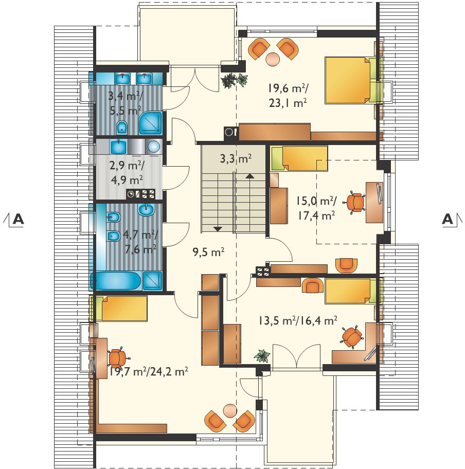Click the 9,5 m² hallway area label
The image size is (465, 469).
click(208, 252)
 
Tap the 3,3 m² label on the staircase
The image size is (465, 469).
click(236, 158)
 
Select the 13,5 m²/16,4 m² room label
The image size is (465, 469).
click(298, 321)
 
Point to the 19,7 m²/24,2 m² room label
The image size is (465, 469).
click(149, 372)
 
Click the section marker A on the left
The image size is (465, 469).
click(18, 219)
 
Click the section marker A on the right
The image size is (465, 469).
click(448, 219)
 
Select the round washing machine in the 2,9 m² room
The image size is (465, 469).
click(154, 147)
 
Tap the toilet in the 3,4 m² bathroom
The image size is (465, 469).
click(121, 128)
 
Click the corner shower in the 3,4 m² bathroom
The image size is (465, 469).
click(151, 122)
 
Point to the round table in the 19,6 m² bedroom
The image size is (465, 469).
click(273, 59)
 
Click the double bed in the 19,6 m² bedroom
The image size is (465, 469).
click(350, 80)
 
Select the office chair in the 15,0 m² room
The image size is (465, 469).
click(355, 202)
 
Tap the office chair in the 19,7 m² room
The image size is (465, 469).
click(118, 358)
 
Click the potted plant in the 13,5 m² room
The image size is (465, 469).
click(262, 356)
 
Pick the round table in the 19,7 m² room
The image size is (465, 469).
click(230, 411)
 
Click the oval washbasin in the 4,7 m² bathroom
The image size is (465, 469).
click(146, 209)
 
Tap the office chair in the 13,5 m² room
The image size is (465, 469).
click(353, 337)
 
